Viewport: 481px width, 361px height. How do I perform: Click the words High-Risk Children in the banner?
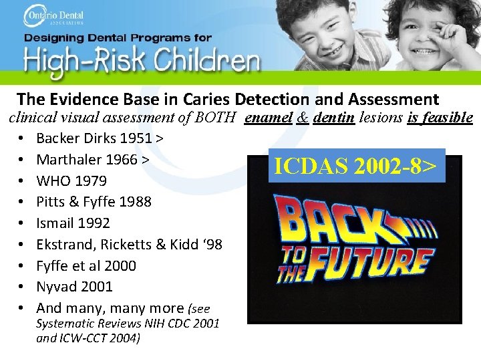(142, 62)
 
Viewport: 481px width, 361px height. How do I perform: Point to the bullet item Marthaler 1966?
(92, 160)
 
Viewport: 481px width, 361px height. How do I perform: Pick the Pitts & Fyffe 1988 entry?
(94, 202)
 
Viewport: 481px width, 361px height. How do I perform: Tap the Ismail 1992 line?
(73, 223)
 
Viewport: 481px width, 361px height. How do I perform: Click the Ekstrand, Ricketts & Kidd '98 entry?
(129, 245)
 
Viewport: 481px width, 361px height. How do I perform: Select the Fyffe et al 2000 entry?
(86, 266)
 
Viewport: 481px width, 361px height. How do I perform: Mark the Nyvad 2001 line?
(74, 287)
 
